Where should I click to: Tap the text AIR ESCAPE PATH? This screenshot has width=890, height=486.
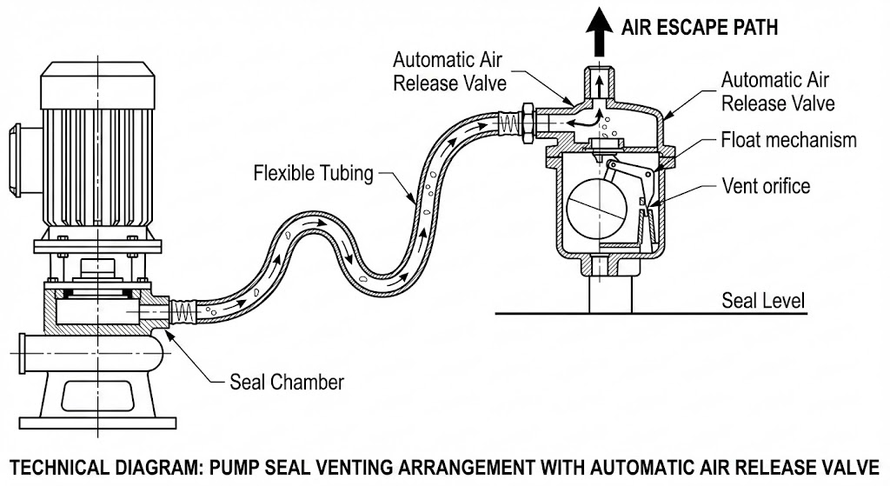(x=700, y=27)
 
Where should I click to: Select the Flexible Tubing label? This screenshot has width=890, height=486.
(x=313, y=172)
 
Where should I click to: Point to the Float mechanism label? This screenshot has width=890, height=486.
(x=789, y=140)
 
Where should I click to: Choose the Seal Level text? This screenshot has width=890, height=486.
(x=763, y=302)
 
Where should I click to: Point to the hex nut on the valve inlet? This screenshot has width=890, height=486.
(x=527, y=121)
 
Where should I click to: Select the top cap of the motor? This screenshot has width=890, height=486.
(x=96, y=88)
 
